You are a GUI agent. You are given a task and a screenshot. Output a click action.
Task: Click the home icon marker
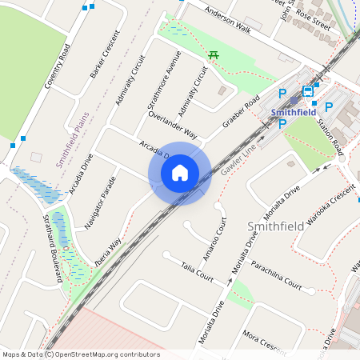tap(180, 173)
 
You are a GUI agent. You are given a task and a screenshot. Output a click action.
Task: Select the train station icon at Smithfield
tap(308, 92)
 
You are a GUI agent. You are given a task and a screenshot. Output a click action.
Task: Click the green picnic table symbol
tap(214, 54)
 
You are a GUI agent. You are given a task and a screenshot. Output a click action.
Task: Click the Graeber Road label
tap(241, 114)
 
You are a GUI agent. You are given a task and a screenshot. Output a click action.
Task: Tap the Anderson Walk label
tap(227, 21)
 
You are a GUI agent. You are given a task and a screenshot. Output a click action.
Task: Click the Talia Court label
tap(197, 271)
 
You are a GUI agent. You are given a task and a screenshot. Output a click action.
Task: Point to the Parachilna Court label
tap(277, 277)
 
